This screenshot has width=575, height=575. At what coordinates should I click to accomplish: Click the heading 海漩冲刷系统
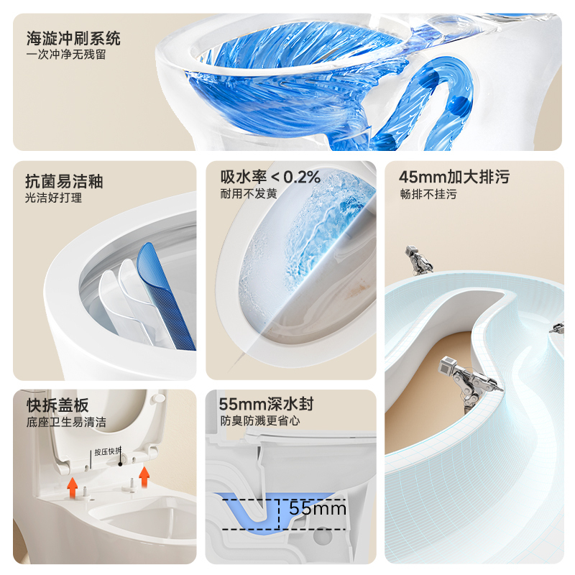(73, 37)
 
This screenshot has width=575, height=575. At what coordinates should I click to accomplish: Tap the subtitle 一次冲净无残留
(66, 55)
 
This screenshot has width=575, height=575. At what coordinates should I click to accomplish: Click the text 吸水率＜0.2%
(270, 177)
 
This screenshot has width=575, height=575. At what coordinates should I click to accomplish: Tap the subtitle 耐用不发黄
(249, 193)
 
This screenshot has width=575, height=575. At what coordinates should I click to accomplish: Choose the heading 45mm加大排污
(454, 178)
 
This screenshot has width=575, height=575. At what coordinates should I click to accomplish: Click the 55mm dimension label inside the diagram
(318, 509)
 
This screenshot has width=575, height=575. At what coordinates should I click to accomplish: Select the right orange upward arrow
(144, 474)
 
